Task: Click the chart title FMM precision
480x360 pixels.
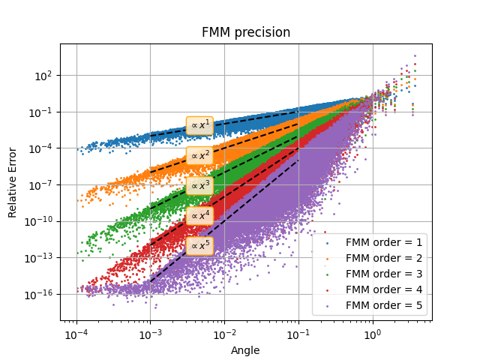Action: (246, 33)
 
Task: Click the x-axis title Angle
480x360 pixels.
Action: (246, 349)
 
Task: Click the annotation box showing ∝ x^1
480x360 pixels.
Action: (199, 125)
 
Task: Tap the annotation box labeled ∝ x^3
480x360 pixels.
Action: (199, 185)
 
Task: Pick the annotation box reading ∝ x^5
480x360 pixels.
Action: (199, 245)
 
